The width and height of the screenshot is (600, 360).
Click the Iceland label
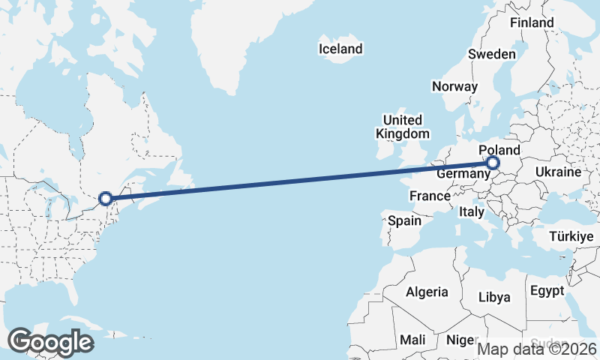pyautogui.click(x=340, y=49)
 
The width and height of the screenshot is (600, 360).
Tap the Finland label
pyautogui.click(x=532, y=22)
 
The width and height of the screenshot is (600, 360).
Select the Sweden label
pyautogui.click(x=491, y=54)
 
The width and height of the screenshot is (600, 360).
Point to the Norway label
pyautogui.click(x=454, y=86)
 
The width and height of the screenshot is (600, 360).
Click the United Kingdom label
pyautogui.click(x=403, y=127)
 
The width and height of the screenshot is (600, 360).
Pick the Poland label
pyautogui.click(x=499, y=150)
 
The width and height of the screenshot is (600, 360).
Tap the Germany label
pyautogui.click(x=463, y=173)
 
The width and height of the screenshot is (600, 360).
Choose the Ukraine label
pyautogui.click(x=558, y=172)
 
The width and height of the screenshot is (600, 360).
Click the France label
pyautogui.click(x=430, y=196)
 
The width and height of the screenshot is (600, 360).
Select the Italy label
pyautogui.click(x=472, y=212)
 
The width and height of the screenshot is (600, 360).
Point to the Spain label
pyautogui.click(x=404, y=221)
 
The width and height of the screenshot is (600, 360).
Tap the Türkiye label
pyautogui.click(x=571, y=237)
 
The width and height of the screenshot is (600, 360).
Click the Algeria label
pyautogui.click(x=427, y=292)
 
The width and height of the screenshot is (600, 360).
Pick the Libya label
pyautogui.click(x=494, y=297)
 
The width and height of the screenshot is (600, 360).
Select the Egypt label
pyautogui.click(x=546, y=290)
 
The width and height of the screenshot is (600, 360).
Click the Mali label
pyautogui.click(x=412, y=340)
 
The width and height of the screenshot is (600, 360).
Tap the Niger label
pyautogui.click(x=460, y=340)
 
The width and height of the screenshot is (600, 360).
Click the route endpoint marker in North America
pyautogui.click(x=106, y=198)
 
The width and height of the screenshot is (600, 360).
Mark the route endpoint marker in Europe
pyautogui.click(x=493, y=163)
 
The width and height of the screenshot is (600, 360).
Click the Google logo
pyautogui.click(x=50, y=342)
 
